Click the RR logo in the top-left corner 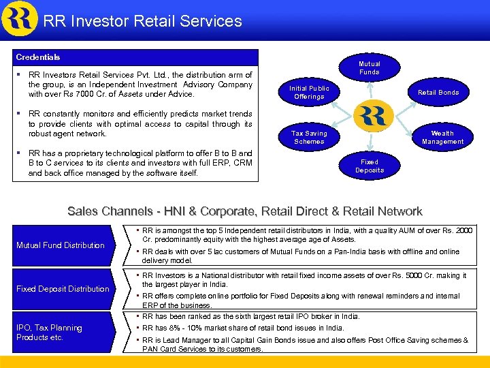click(x=19, y=18)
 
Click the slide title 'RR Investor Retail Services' click(x=142, y=21)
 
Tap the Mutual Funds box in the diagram click(x=369, y=68)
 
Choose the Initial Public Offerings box click(x=309, y=93)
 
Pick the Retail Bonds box click(x=438, y=92)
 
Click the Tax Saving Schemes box click(x=309, y=137)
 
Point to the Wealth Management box click(x=442, y=137)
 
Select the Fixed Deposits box click(x=370, y=166)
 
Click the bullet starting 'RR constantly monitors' click(x=140, y=124)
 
